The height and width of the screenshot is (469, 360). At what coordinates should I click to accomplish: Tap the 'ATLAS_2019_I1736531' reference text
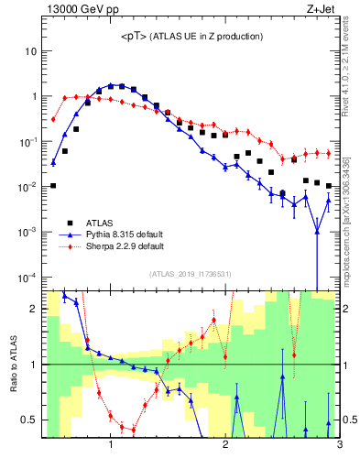tap(190, 274)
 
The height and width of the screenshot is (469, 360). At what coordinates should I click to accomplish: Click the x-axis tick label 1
tap(111, 446)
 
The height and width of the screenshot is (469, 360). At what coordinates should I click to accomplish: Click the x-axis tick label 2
tap(225, 446)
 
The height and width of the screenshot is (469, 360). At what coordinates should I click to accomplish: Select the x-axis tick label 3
tap(339, 446)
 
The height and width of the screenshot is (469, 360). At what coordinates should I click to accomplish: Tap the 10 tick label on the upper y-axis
tap(30, 51)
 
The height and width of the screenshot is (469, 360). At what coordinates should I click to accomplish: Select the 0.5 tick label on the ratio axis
tap(28, 420)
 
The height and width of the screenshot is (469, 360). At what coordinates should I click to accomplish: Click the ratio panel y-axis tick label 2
tap(33, 309)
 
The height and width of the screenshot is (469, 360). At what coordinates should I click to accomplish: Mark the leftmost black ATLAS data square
tap(53, 186)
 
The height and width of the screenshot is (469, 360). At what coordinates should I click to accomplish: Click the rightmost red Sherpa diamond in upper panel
tap(328, 153)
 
